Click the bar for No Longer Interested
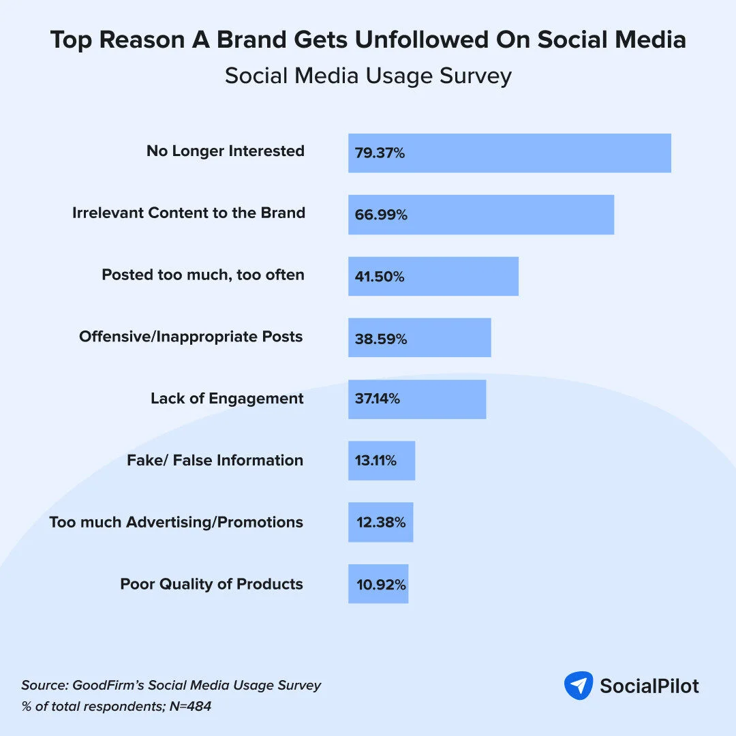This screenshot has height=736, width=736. [510, 153]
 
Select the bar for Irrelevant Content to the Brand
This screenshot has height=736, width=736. [481, 215]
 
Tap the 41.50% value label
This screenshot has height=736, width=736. [380, 277]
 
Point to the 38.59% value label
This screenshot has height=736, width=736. [381, 339]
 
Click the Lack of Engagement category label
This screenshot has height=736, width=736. [227, 398]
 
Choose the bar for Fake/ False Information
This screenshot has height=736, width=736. [382, 461]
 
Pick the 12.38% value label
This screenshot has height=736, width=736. [381, 523]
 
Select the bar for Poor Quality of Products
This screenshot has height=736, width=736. [378, 584]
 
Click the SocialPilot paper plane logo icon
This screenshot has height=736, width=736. [579, 686]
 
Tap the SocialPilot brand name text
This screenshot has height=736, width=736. [649, 686]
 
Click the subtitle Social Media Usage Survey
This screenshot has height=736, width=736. [368, 76]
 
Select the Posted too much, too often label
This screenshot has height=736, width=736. [203, 275]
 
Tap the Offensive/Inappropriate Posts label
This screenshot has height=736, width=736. [191, 337]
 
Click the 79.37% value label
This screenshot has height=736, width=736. [380, 153]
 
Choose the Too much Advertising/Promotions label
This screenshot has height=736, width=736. [177, 523]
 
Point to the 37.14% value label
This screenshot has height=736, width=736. [377, 399]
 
